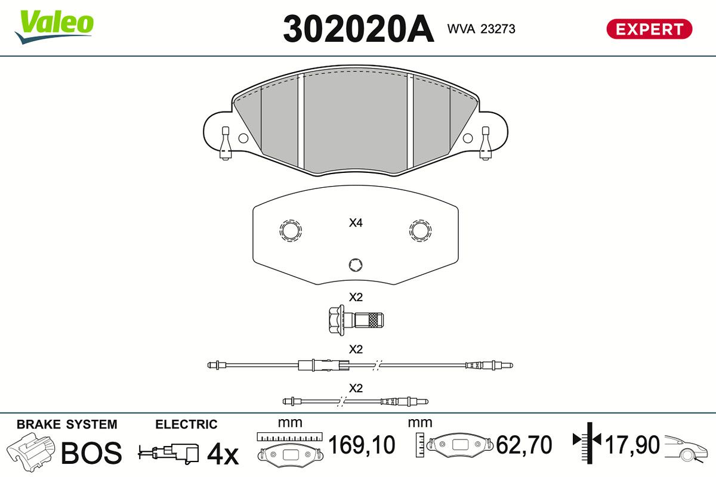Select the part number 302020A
(x=359, y=29)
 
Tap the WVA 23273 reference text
(x=481, y=29)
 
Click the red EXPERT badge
(x=649, y=29)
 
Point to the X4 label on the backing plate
(x=356, y=222)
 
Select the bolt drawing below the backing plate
(x=356, y=320)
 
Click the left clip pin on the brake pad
(x=226, y=143)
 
